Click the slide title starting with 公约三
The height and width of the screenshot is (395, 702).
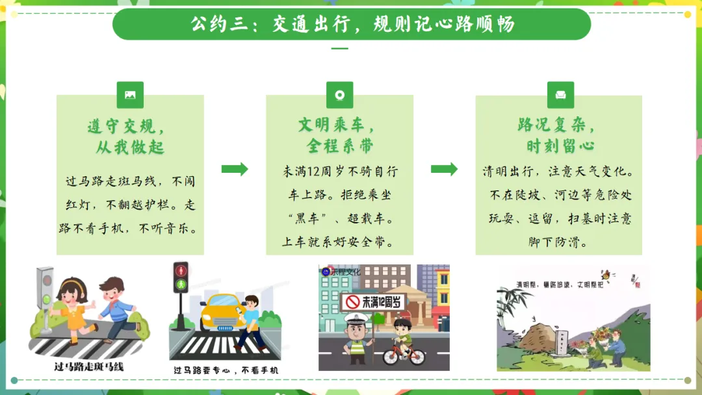click(x=352, y=25)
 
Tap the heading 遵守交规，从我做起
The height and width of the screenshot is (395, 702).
click(x=130, y=136)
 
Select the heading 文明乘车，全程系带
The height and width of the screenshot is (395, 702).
click(x=339, y=134)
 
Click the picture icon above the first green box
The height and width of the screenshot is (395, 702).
click(x=130, y=95)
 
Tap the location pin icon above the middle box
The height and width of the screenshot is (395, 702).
click(x=339, y=95)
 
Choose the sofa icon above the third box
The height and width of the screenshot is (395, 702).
click(x=560, y=95)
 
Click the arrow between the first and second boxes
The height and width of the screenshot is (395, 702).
click(x=235, y=170)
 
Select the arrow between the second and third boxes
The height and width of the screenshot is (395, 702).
click(x=444, y=170)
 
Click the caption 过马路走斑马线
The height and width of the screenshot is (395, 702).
click(x=88, y=367)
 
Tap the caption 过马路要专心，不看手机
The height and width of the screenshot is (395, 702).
click(x=226, y=370)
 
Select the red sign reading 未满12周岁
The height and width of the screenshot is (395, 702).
click(x=374, y=301)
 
